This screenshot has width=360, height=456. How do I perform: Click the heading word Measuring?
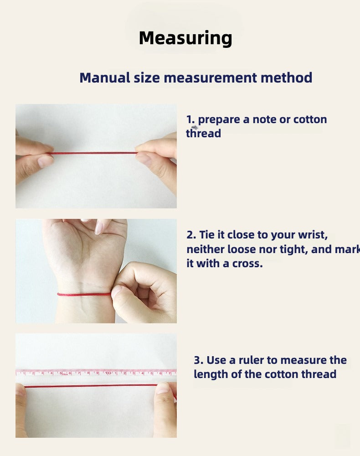(185, 38)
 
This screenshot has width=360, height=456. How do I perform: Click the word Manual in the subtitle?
(105, 78)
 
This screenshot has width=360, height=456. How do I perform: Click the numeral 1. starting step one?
(190, 119)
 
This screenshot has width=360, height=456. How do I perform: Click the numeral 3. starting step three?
(199, 360)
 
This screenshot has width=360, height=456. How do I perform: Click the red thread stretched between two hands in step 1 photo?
(93, 153)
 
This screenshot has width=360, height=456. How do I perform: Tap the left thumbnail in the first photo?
(45, 161)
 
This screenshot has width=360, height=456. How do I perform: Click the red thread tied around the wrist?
(84, 295)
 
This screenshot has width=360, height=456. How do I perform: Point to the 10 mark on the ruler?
(108, 373)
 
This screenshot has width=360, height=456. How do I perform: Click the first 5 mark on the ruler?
(61, 373)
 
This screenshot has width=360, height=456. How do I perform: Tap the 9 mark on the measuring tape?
(98, 373)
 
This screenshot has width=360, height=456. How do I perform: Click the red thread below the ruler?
(92, 386)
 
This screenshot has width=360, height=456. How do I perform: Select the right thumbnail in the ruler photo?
(163, 388)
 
